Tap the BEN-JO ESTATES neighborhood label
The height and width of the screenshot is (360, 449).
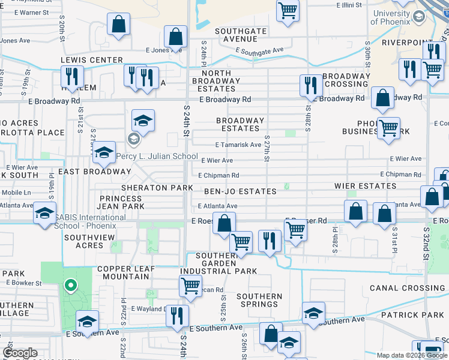point(240,191)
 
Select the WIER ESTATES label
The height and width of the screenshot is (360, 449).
point(366,186)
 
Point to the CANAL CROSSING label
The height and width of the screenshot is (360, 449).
point(408,288)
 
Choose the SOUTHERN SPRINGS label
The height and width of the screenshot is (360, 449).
point(259,301)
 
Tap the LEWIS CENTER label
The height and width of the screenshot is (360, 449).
point(91,60)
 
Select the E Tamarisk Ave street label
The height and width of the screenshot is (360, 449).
point(238,145)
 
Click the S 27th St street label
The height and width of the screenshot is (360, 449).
point(267,151)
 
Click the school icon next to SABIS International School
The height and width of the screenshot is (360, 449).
point(44,213)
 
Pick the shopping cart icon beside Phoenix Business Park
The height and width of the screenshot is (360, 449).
point(389,127)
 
